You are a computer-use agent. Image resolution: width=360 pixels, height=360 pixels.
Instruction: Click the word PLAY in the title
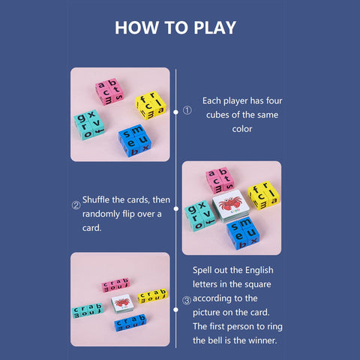point(214,28)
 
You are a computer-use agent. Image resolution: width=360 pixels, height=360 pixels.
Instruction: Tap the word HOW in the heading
point(136,28)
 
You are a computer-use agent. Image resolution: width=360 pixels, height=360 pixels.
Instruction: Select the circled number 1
point(187,110)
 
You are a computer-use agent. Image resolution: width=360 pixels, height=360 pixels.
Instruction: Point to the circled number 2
point(76,205)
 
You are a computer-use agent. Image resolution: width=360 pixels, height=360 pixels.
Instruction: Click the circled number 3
point(187,300)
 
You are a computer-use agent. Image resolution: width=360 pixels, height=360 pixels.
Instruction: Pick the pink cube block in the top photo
point(109,91)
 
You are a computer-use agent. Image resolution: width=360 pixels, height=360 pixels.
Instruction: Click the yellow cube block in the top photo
point(151,105)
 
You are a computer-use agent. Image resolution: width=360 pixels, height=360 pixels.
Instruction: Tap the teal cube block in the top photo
point(89,124)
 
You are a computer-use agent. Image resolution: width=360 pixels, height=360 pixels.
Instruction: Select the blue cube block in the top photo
point(135,141)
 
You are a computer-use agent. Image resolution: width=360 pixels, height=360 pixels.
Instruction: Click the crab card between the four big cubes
point(231,205)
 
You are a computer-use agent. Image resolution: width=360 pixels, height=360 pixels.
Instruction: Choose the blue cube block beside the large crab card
point(243,233)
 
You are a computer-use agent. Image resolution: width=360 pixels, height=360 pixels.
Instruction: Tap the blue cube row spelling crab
point(130,322)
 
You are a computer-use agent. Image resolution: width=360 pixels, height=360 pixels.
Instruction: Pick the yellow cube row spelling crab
point(152,296)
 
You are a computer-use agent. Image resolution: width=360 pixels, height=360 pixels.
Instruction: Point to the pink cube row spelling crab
point(115,285)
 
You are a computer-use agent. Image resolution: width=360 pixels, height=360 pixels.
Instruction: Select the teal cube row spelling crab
point(88,310)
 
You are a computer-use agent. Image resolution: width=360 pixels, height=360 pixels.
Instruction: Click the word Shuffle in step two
point(96,199)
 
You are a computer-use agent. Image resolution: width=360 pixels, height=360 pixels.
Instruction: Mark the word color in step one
point(242,129)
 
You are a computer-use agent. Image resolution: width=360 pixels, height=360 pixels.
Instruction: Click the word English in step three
point(259,271)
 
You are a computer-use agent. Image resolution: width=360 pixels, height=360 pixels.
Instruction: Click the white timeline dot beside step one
point(175,112)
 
